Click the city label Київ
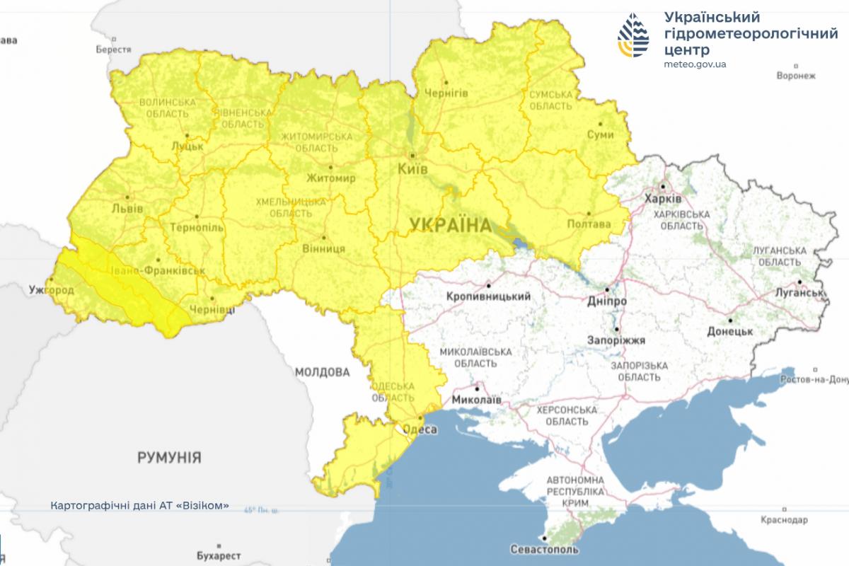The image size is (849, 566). pyautogui.click(x=412, y=171)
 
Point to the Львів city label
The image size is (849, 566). pyautogui.click(x=128, y=209)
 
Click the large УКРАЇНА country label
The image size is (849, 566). pyautogui.click(x=450, y=226)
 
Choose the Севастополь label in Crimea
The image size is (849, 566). pyautogui.click(x=544, y=549)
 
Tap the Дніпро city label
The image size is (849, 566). pyautogui.click(x=607, y=301)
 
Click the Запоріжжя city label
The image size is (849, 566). pyautogui.click(x=616, y=340)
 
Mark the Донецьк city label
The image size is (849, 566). pyautogui.click(x=729, y=330)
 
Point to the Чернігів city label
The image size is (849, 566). pyautogui.click(x=446, y=93)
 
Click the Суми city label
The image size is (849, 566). pyautogui.click(x=600, y=134)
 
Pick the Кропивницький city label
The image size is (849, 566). pyautogui.click(x=489, y=296)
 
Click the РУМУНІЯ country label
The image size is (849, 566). pyautogui.click(x=169, y=457)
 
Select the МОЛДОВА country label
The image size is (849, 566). pyautogui.click(x=323, y=371)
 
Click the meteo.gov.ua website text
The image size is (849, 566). pyautogui.click(x=695, y=64)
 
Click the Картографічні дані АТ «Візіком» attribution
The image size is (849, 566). pyautogui.click(x=140, y=506)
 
